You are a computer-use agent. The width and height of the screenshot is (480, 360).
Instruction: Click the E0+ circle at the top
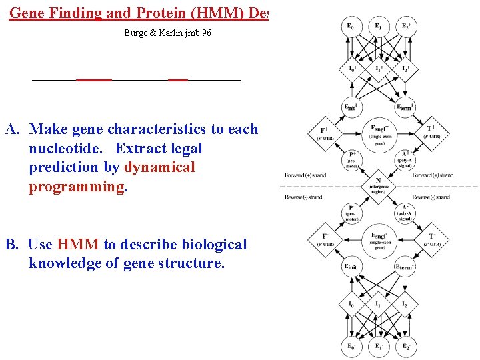point(351,27)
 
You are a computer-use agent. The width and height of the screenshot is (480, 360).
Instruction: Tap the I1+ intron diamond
point(379,69)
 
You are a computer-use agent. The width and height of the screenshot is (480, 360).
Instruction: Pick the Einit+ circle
point(351,107)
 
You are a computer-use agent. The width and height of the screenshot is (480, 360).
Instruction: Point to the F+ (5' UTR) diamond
point(325,133)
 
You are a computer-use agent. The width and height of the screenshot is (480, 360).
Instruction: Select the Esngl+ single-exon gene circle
point(379,133)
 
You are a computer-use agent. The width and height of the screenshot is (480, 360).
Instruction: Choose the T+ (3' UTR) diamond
point(431,133)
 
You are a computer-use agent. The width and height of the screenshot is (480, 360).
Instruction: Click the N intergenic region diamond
point(379,185)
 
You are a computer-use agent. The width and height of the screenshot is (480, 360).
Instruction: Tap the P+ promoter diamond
point(352,158)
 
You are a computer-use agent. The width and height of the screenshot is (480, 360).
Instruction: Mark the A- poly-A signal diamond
point(405,211)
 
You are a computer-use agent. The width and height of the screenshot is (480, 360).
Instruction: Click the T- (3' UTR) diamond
point(431,239)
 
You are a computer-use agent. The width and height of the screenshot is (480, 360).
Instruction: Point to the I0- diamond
point(351,304)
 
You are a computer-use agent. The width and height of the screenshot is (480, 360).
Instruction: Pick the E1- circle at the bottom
point(379,346)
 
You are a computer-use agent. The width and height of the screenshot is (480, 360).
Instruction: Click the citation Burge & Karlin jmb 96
point(167,33)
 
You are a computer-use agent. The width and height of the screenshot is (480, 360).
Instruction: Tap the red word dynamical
point(160,167)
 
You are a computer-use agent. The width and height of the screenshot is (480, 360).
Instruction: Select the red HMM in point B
point(78,245)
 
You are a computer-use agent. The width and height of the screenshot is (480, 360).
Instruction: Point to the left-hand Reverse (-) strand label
point(303,197)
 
